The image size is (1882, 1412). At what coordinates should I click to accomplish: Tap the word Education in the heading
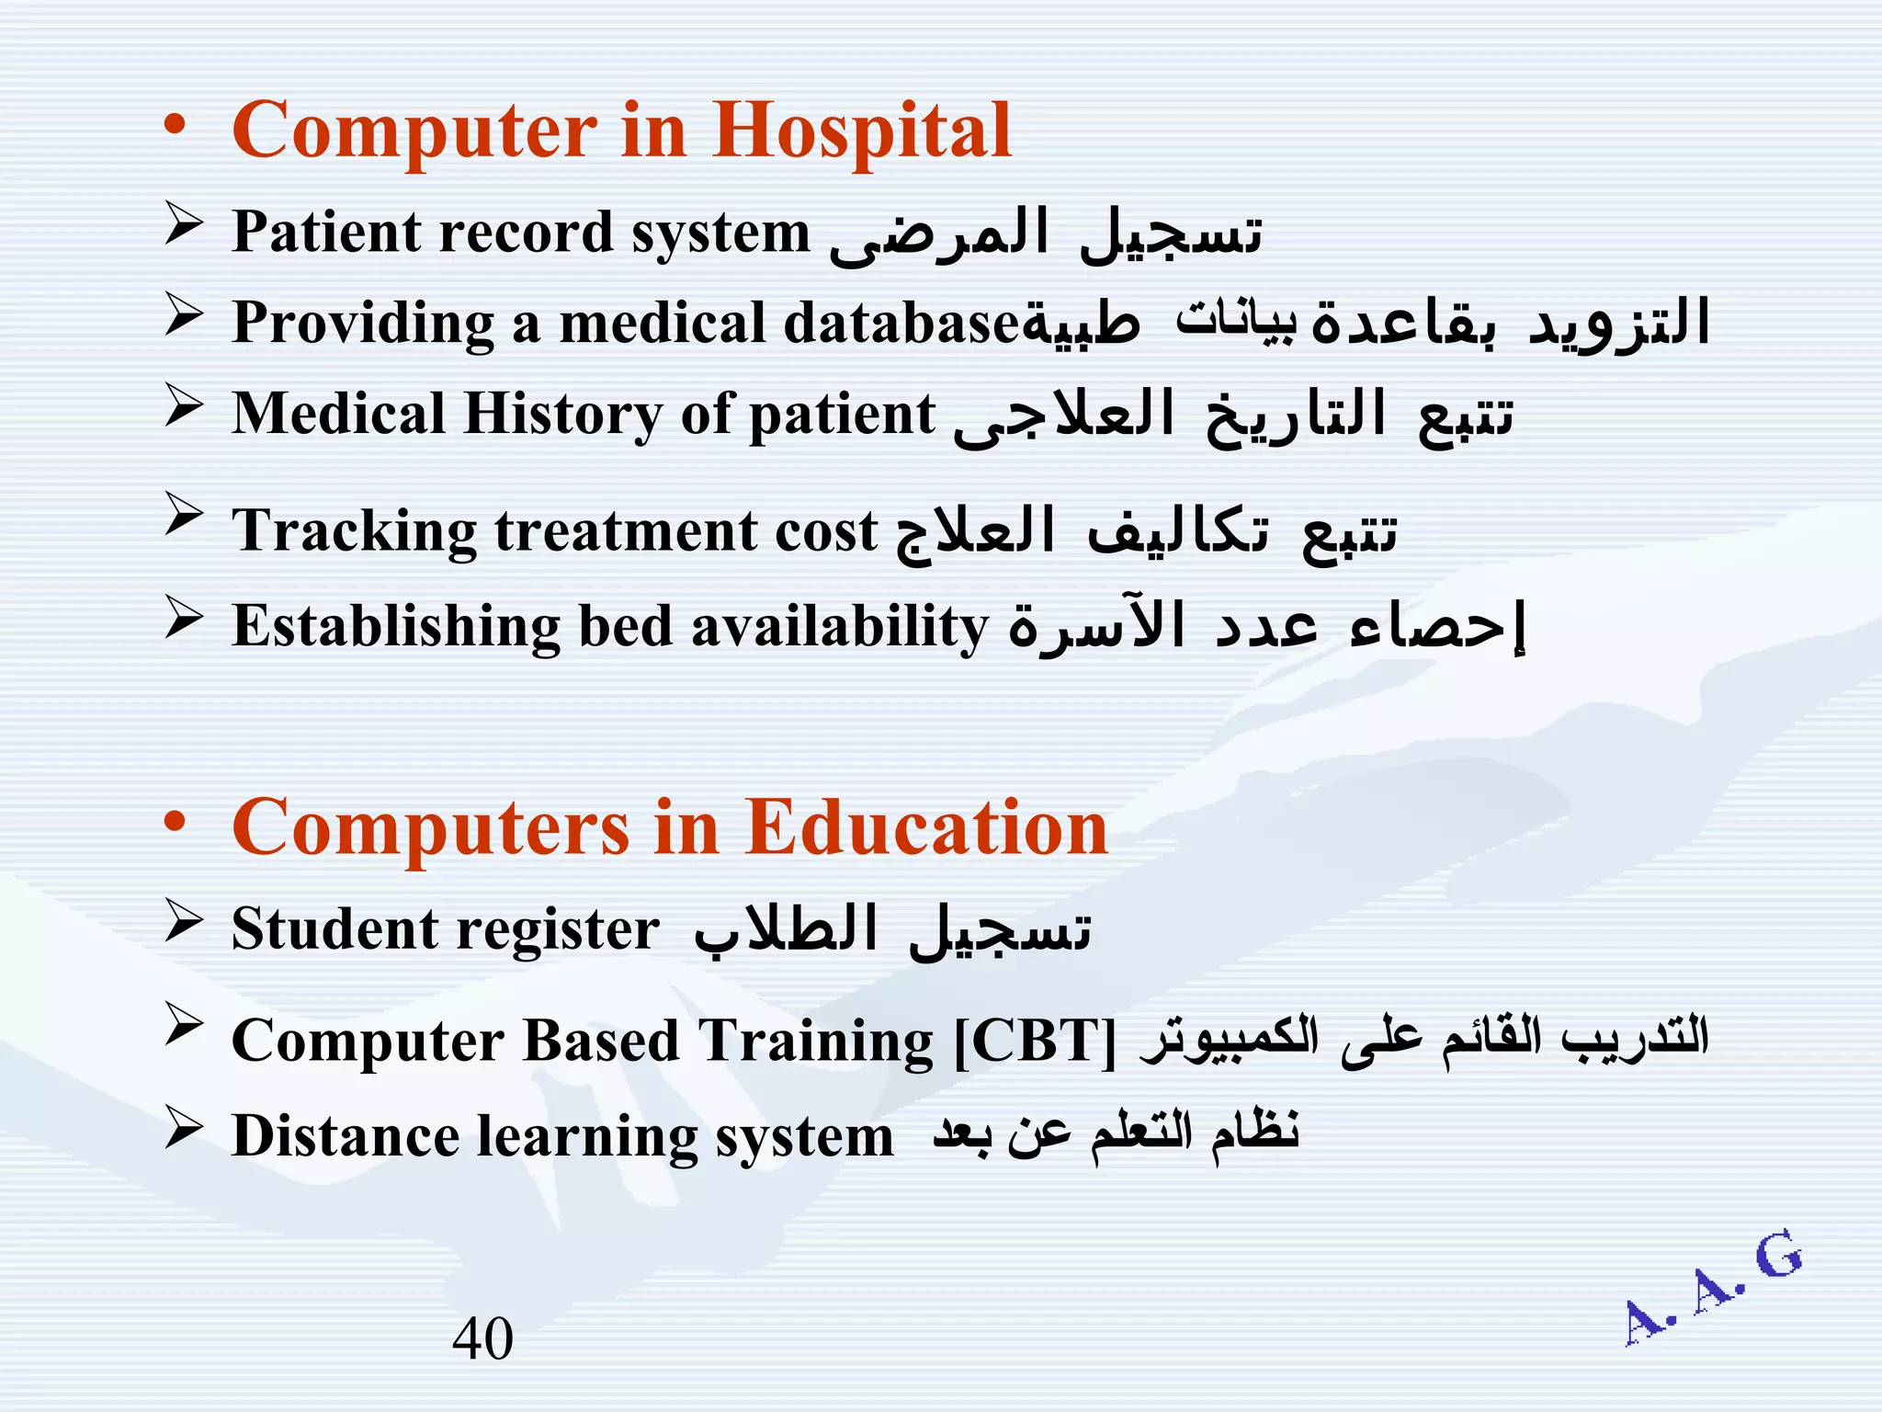click(x=926, y=827)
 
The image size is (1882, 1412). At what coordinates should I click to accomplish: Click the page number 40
click(x=482, y=1338)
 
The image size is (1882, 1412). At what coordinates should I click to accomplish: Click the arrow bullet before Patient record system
click(x=184, y=225)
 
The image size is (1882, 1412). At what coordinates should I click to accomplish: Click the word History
click(x=562, y=414)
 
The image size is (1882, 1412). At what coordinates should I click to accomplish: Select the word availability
click(x=839, y=628)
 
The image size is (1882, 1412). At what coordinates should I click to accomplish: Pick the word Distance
click(x=345, y=1136)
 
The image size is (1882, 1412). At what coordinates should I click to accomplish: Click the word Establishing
click(x=395, y=628)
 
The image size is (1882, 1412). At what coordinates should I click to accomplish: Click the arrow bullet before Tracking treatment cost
click(x=184, y=515)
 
